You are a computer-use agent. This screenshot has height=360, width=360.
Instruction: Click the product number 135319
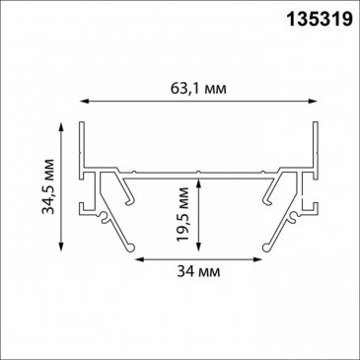(320, 19)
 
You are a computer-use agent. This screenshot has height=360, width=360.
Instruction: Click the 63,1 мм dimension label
(198, 88)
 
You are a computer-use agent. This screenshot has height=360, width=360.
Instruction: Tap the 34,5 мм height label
(49, 186)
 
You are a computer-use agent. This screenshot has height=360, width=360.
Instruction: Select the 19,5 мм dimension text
(182, 214)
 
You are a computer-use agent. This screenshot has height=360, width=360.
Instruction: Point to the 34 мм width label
(198, 271)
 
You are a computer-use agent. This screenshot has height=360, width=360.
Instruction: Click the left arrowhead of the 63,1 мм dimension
(85, 101)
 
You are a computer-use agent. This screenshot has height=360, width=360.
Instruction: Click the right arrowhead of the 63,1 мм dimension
(314, 101)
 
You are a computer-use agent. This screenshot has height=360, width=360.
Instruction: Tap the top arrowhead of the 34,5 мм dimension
(61, 127)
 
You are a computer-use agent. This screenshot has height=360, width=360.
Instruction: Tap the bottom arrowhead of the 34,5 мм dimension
(61, 247)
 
